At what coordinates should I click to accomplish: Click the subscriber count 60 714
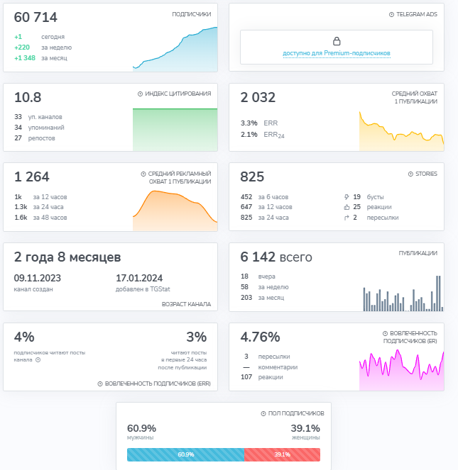[36, 18]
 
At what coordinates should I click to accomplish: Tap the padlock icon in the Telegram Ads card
[337, 41]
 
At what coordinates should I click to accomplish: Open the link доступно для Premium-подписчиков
[337, 53]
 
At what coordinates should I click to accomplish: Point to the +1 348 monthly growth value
[25, 58]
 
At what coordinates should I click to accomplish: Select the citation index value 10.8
[28, 97]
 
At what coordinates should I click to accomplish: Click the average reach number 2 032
[258, 97]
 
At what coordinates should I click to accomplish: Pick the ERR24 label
[274, 135]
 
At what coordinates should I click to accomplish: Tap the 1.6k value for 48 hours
[21, 218]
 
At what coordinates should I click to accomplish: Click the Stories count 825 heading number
[252, 177]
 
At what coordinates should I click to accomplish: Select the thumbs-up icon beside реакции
[347, 207]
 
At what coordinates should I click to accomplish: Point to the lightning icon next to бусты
[347, 197]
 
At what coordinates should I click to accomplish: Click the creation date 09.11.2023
[37, 278]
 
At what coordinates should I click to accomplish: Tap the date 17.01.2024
[139, 278]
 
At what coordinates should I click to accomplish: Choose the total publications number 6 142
[258, 257]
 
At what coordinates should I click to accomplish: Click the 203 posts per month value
[246, 298]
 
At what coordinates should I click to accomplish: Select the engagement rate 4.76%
[260, 337]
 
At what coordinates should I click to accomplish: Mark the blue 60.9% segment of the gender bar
[185, 454]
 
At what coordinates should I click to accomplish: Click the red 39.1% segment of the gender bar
[283, 454]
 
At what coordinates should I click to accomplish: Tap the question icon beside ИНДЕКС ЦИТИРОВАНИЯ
[140, 94]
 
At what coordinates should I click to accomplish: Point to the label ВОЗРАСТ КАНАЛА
[186, 304]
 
